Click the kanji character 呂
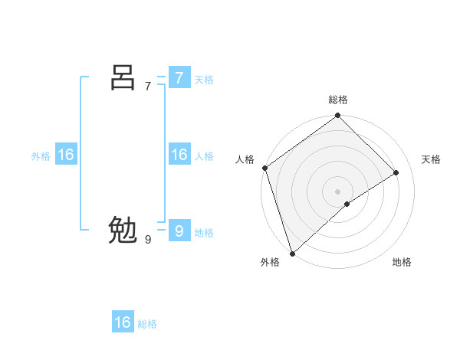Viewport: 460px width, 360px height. click(x=123, y=77)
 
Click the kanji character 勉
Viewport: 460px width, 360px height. click(x=123, y=231)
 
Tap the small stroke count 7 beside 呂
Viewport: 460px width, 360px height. click(x=148, y=86)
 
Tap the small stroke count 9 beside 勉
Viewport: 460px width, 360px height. click(x=148, y=240)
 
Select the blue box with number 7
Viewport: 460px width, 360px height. click(x=179, y=77)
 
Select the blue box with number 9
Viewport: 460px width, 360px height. click(x=179, y=231)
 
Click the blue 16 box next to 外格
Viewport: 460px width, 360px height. click(x=66, y=155)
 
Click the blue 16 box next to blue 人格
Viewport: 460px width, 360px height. click(x=179, y=155)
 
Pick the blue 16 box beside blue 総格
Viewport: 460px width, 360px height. click(x=123, y=322)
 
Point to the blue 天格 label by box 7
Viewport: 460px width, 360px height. click(x=204, y=80)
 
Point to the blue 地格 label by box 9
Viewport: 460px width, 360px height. click(x=204, y=233)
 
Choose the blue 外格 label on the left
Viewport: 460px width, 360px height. click(x=41, y=156)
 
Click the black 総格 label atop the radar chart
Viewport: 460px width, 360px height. click(x=338, y=100)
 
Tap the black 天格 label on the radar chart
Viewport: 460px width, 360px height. click(x=432, y=159)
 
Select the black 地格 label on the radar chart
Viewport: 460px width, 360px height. click(x=402, y=262)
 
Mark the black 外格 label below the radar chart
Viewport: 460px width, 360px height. click(x=270, y=262)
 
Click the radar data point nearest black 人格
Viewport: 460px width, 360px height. click(x=264, y=168)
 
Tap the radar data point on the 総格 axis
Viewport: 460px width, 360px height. click(x=338, y=116)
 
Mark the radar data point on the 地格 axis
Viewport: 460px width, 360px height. click(x=347, y=204)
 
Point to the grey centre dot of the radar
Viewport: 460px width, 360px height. click(x=338, y=191)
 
